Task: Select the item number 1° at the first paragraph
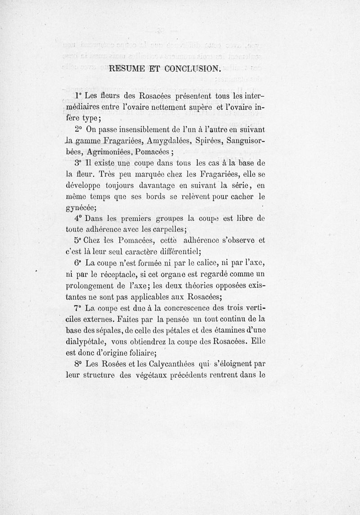tap(77, 96)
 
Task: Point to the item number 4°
tap(77, 218)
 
